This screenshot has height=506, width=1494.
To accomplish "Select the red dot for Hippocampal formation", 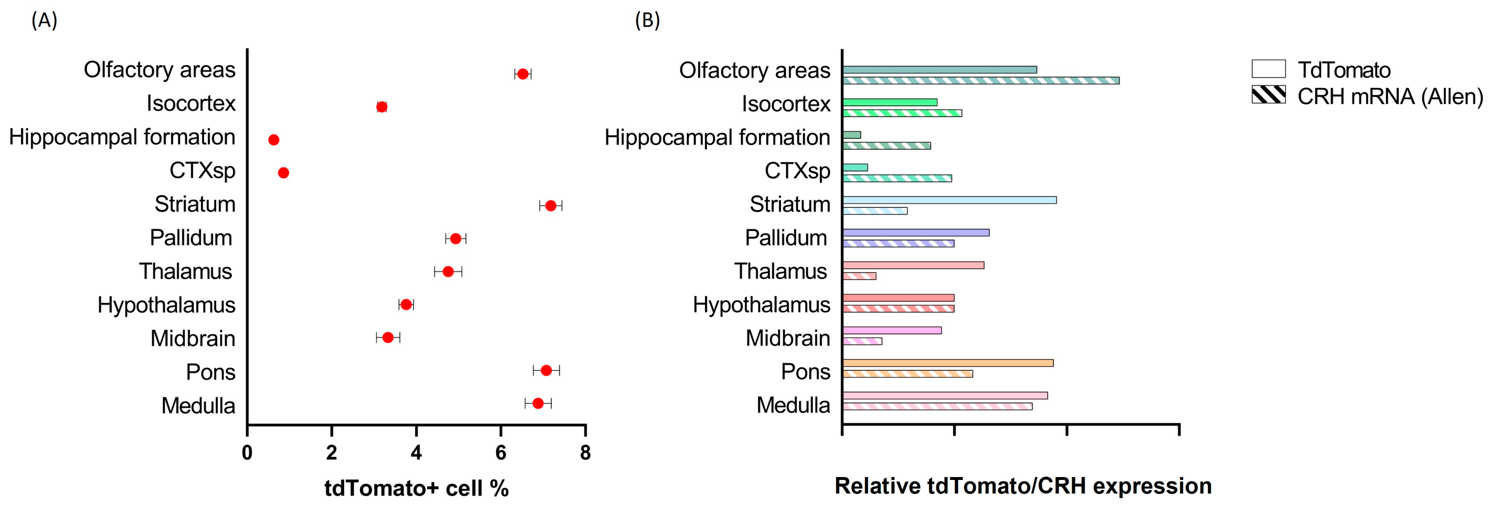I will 274,140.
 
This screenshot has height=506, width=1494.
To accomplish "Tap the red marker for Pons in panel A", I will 546,370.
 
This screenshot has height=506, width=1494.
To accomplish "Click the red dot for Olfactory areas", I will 523,74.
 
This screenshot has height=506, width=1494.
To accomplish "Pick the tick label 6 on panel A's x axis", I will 501,452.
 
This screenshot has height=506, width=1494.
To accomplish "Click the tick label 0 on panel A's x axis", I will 247,452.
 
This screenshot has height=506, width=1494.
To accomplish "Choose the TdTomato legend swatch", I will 1268,69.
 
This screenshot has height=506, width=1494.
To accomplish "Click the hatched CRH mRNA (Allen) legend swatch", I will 1268,95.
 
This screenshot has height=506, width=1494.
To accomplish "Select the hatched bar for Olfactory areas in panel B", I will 980,81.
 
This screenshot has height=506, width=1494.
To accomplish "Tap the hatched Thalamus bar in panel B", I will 859,276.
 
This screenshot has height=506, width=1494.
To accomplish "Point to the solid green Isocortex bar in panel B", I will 890,102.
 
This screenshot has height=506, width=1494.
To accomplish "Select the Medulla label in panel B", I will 793,405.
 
